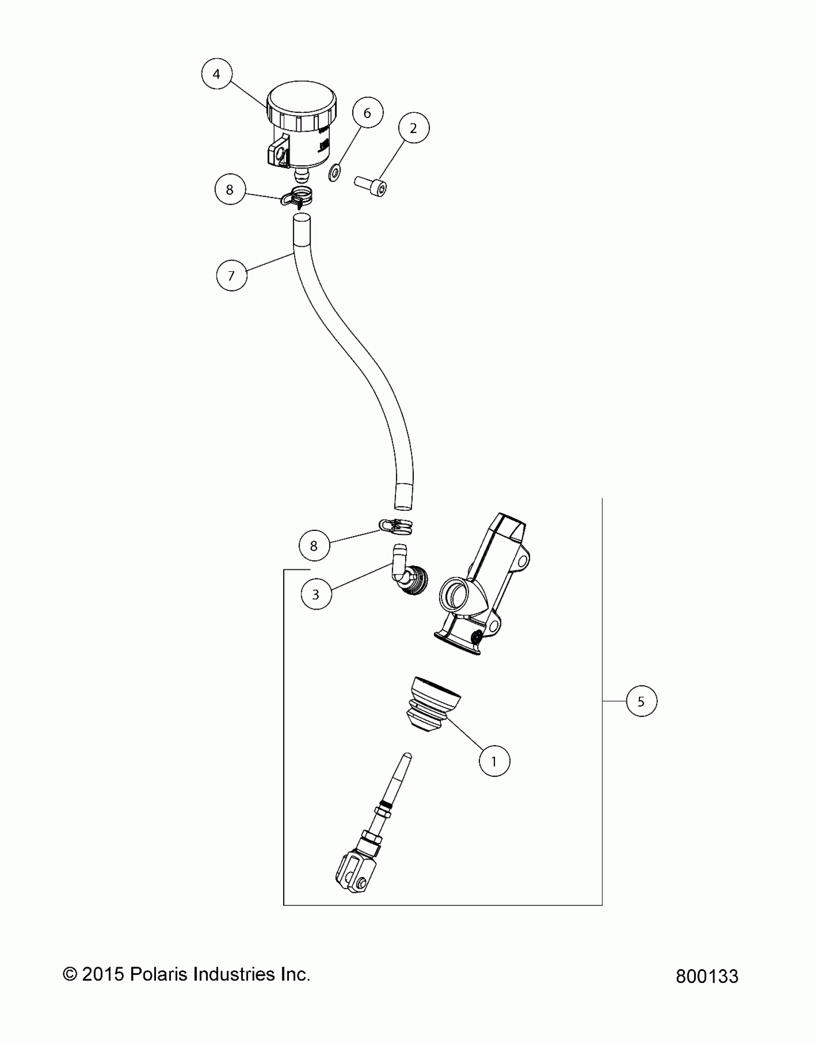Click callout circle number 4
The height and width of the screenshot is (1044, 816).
point(216,74)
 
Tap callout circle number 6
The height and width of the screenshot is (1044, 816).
point(367,113)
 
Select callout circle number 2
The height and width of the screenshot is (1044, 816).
point(413,128)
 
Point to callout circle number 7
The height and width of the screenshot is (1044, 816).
point(231,276)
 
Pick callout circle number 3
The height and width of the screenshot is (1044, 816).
point(316,595)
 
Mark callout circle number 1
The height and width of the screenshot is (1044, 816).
point(494,761)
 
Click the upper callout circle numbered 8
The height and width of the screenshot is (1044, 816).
point(230,190)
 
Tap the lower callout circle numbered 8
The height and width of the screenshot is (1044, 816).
point(314,546)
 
